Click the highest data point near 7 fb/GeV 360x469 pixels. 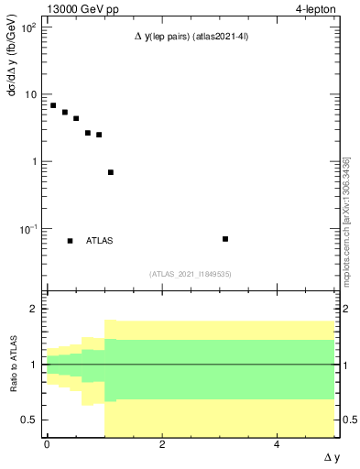53,105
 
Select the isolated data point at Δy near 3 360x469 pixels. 225,239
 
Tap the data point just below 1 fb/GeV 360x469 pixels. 111,172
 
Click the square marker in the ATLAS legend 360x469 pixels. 70,241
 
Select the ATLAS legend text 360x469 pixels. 100,241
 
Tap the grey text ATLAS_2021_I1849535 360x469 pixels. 191,273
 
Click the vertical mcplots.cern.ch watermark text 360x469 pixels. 346,220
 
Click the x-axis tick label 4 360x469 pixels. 278,445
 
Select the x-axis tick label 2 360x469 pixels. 162,445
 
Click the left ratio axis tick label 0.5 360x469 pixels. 30,420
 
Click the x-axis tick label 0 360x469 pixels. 47,445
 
